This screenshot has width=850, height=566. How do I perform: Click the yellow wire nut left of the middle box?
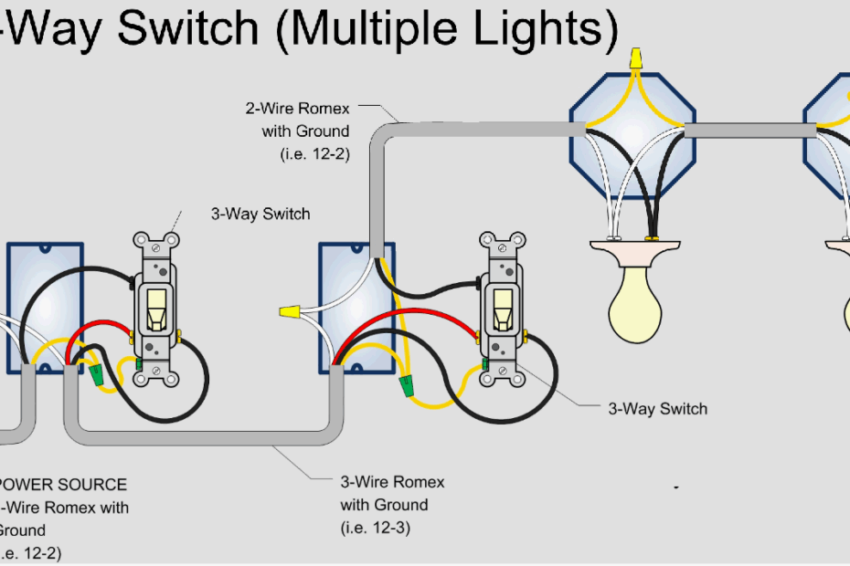point(291,313)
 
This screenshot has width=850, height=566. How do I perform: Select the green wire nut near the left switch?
point(96,372)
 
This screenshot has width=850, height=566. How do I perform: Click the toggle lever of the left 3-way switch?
point(156,309)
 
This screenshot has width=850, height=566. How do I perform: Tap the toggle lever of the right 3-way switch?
point(502,309)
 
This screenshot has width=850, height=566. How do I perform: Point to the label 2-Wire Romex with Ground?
point(297,120)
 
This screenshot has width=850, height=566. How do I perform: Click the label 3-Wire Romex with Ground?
point(392,493)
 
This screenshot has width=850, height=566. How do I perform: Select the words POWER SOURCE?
point(62,484)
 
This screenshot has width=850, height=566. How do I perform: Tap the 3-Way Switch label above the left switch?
point(260,215)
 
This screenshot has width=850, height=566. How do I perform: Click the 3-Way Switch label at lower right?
point(658,409)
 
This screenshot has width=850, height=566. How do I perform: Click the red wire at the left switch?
point(101,328)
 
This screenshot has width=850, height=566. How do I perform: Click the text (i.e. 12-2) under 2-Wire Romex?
point(314,154)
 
